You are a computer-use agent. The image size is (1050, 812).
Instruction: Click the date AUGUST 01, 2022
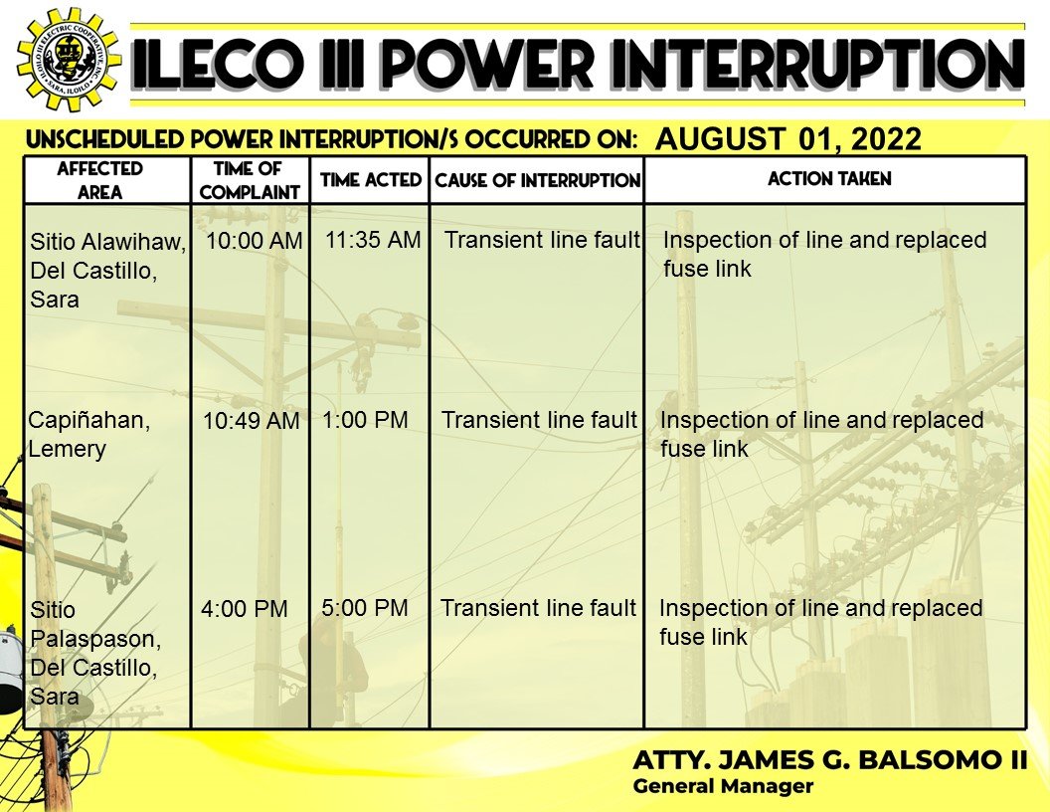788,138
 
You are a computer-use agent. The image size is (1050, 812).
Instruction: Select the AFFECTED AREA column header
99,180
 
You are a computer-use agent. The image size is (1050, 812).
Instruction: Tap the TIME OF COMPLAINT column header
250,180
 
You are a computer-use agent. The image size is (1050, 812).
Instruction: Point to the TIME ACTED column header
370,179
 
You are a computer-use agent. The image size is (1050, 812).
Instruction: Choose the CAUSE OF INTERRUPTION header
538,180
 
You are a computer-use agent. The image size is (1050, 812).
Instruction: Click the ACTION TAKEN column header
829,179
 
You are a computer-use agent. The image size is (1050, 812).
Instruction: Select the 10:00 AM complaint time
254,241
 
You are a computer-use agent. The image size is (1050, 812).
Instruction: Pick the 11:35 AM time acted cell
373,239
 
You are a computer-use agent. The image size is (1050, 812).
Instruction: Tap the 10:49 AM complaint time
252,421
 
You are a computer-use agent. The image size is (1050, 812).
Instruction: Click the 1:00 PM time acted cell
365,419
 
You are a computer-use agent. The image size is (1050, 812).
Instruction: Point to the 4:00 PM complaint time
245,608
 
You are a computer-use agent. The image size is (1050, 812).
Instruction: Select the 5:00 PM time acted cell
365,608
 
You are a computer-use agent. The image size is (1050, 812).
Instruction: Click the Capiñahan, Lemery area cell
89,434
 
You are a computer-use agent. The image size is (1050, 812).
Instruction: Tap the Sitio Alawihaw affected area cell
107,270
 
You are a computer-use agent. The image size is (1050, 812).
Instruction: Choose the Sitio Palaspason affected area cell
95,653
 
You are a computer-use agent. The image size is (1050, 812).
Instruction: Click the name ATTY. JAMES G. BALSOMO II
829,759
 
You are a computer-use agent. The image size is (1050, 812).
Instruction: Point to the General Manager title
723,786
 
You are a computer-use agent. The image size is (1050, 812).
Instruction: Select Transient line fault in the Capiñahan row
539,419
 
